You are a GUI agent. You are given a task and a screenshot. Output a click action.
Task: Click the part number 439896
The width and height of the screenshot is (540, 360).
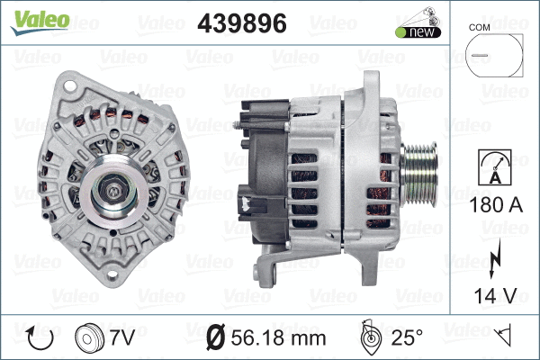point(241,25)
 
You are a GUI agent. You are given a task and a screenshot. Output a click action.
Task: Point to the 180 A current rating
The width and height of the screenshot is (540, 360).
point(491,206)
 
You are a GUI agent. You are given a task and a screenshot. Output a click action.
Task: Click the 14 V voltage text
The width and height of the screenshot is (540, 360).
point(491,293)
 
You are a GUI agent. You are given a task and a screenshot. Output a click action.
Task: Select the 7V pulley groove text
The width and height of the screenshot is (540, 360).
point(121,338)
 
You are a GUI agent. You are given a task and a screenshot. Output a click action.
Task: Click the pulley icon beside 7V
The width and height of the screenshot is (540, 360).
point(89,338)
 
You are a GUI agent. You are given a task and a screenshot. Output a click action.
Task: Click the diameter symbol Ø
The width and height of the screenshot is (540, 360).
point(216,338)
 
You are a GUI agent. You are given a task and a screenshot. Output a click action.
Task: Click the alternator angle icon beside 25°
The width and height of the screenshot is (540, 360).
point(369,337)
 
